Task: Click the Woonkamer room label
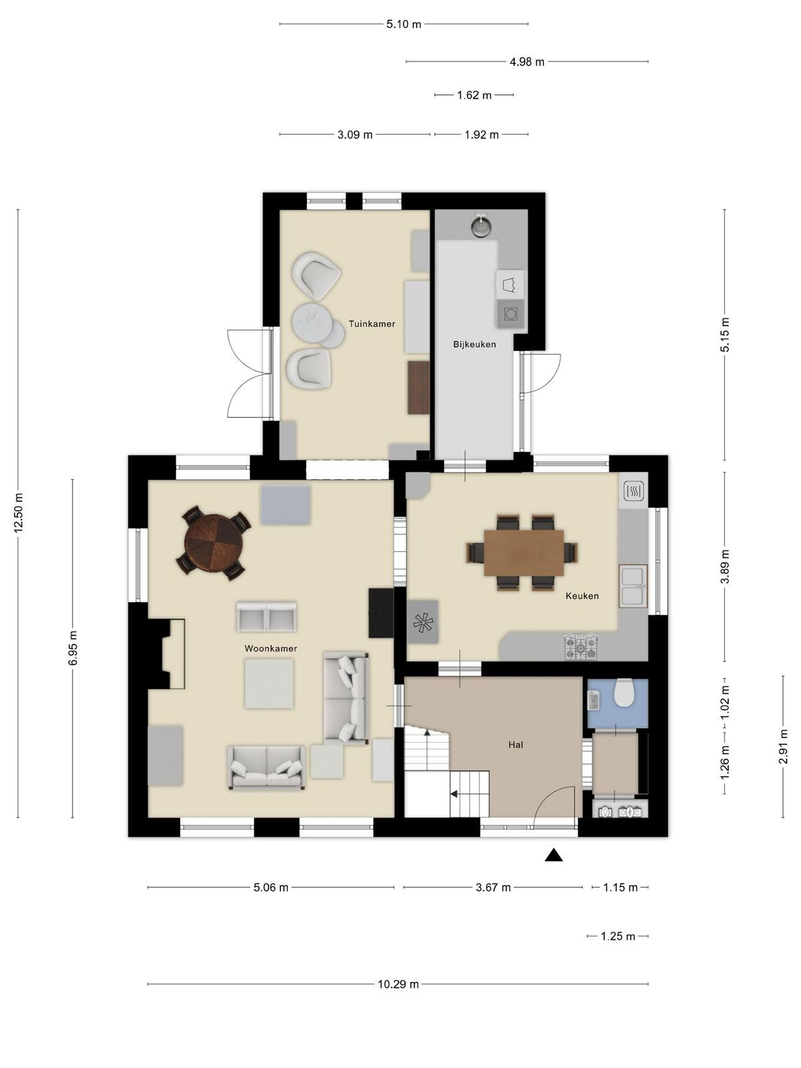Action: coord(270,649)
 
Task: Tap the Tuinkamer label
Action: coord(372,324)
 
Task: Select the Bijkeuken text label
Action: coord(474,344)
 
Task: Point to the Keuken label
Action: coord(581,596)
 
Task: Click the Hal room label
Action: coord(515,745)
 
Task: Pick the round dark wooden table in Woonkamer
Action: coord(213,543)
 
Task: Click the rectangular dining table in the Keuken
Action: coord(524,553)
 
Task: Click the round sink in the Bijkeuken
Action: coord(481,227)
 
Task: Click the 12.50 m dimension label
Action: coord(19,513)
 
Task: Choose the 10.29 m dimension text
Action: coord(398,985)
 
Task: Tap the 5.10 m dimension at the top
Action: coord(404,24)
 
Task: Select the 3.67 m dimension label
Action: coord(493,888)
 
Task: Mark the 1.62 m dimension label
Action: coord(474,95)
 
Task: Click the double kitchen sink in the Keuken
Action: coord(633,586)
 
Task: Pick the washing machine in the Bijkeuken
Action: coord(511,314)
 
